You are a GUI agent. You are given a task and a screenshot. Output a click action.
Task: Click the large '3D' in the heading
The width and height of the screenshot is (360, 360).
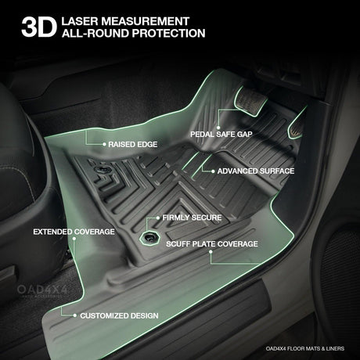coord(39,27)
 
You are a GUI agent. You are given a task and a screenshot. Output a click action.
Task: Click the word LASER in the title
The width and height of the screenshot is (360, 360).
coord(80,21)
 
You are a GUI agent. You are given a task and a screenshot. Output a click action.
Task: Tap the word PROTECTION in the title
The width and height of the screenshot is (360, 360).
coord(168,34)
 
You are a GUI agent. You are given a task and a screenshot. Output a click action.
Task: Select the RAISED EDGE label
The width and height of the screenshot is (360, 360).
coord(133,144)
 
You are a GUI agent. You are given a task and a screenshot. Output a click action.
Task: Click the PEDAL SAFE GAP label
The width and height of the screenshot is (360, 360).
coord(221,135)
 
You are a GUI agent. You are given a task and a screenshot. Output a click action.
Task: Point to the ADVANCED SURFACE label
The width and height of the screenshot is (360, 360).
coord(256,171)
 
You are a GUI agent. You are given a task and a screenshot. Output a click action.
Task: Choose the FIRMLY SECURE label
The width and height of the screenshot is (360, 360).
coord(192,218)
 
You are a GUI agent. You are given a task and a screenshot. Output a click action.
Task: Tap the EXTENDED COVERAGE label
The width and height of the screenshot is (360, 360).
coord(74,232)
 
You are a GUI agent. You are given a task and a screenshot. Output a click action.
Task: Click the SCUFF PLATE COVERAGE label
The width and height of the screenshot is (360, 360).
coord(212,244)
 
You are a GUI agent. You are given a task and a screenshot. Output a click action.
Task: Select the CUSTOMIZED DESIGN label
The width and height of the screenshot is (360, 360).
coord(119,315)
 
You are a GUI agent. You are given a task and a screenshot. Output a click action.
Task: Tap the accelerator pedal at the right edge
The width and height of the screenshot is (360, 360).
coord(297,125)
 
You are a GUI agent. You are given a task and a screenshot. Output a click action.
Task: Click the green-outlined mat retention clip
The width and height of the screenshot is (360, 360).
coord(149,237)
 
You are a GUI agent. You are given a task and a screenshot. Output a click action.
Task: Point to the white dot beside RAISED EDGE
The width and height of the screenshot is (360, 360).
coord(104,144)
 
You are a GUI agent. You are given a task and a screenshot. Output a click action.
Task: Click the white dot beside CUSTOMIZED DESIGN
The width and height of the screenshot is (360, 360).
coord(75,315)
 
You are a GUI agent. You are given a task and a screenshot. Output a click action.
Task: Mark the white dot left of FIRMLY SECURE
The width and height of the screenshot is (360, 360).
coord(158,218)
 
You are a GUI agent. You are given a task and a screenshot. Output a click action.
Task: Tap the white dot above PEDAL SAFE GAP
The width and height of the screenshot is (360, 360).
coord(218,128)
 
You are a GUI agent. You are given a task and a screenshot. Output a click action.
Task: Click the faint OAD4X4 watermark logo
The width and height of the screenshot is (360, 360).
coord(42,290)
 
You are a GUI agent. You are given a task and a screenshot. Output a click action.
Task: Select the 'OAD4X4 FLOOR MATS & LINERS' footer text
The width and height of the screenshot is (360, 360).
coord(305,348)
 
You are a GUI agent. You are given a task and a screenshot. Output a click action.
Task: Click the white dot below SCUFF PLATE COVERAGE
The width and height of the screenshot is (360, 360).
coord(211,252)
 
